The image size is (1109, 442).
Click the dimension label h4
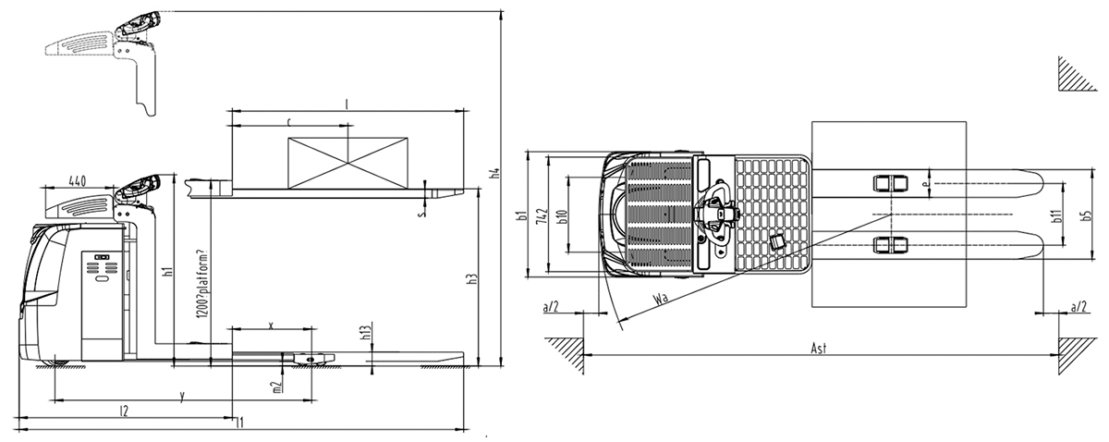(x=495, y=173)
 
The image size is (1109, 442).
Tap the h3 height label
(x=471, y=279)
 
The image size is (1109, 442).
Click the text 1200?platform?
(x=201, y=286)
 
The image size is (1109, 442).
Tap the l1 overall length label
(x=240, y=423)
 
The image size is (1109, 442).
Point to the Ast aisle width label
(x=818, y=348)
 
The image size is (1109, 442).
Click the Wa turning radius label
(x=660, y=299)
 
